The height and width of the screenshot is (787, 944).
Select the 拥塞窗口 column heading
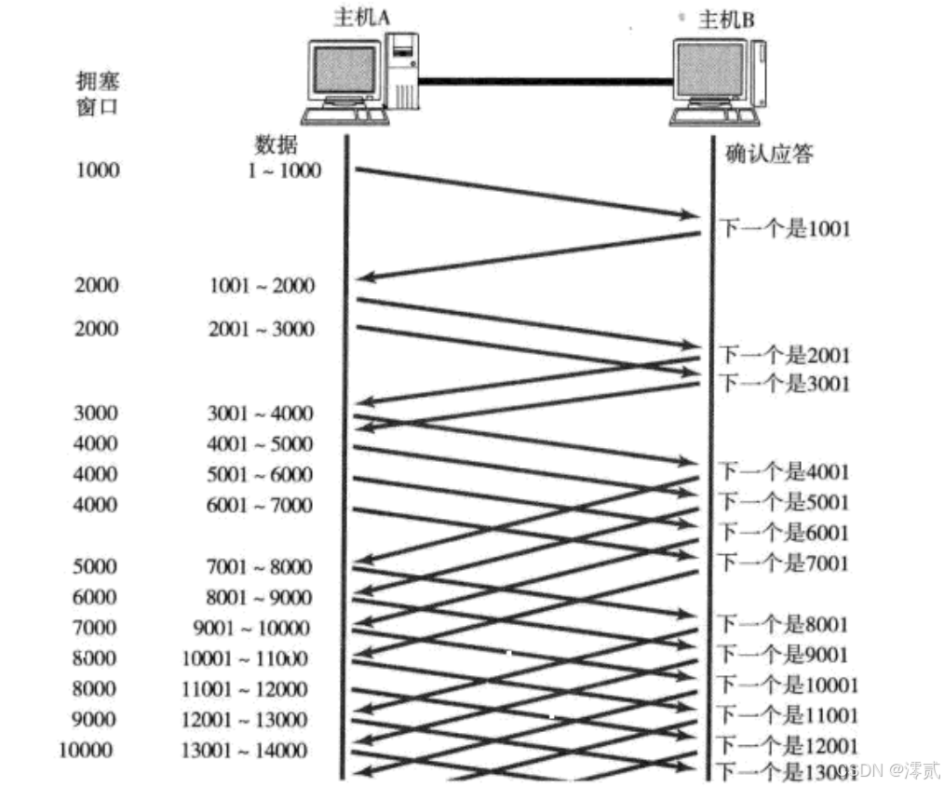point(98,93)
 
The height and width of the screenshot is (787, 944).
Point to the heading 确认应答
point(768,153)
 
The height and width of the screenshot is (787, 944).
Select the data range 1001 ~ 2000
point(263,286)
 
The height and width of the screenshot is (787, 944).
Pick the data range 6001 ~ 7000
point(260,506)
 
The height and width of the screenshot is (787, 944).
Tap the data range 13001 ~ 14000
point(245,751)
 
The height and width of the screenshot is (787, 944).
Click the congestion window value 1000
point(97,170)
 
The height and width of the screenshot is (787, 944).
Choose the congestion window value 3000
point(96,414)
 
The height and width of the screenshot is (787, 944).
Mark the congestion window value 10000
point(88,751)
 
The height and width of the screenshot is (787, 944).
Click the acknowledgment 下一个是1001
point(784,228)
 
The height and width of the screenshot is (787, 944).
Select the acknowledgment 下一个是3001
point(784,383)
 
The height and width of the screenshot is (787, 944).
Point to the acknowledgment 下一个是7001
point(784,563)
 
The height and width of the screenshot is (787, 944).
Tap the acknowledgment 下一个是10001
point(789,686)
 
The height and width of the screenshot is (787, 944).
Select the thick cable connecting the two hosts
point(545,81)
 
